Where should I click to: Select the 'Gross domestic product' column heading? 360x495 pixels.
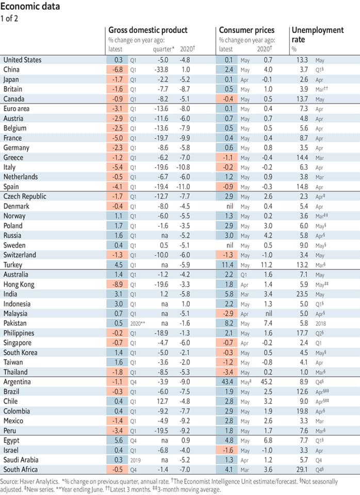[148, 30]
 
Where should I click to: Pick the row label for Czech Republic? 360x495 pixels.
[25, 196]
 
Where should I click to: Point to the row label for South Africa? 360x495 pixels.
[21, 469]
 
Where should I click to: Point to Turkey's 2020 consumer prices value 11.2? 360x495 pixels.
[265, 265]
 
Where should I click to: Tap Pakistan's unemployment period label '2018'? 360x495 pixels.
[332, 323]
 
